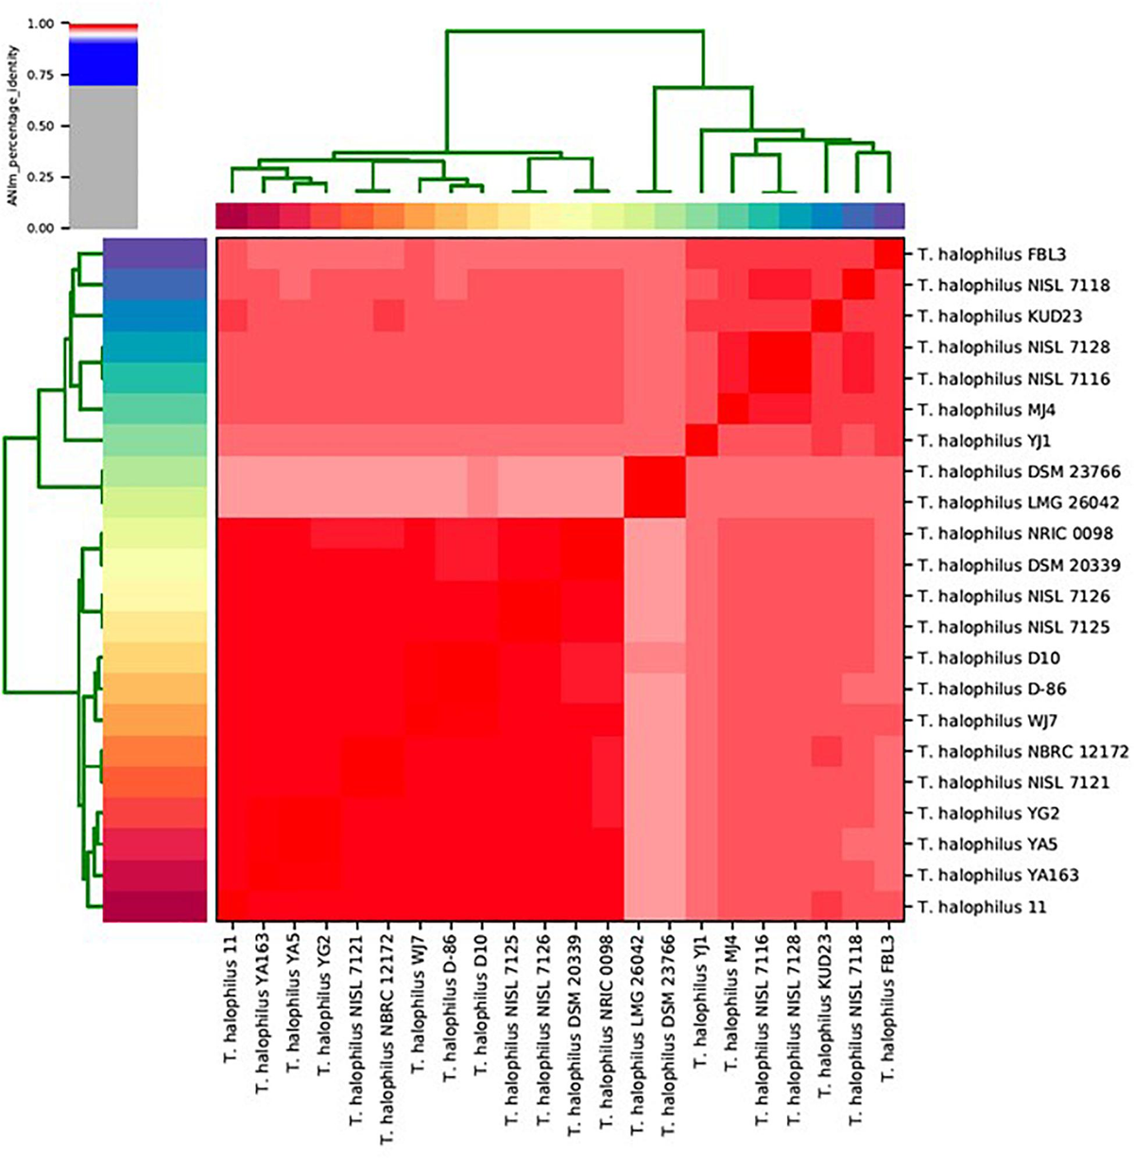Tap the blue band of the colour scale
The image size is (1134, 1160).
click(103, 64)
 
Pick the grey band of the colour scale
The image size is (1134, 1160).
click(103, 156)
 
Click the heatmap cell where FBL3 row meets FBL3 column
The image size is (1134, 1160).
click(889, 254)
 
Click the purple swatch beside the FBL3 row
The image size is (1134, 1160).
click(155, 254)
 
